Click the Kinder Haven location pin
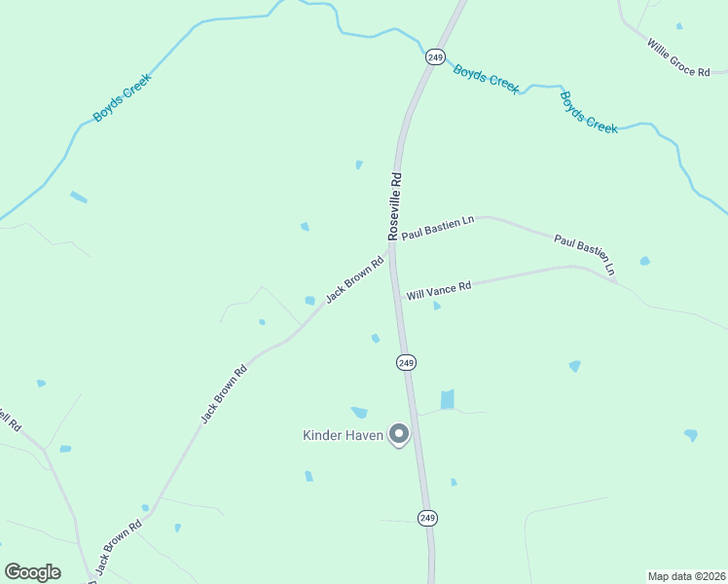[x=398, y=433]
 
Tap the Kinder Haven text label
[x=343, y=435]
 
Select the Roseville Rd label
[x=394, y=206]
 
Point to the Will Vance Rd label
[x=439, y=290]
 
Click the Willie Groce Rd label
[x=678, y=56]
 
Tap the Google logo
[x=32, y=572]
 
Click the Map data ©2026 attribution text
[x=685, y=576]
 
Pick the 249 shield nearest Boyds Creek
[x=435, y=57]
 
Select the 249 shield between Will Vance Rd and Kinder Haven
[x=406, y=362]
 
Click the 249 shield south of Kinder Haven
[x=427, y=518]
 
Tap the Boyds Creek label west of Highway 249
[x=122, y=99]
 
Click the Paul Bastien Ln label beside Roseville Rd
[x=437, y=228]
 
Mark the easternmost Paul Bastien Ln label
[x=585, y=253]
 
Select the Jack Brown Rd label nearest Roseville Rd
[x=354, y=279]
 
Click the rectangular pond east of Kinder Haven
[x=448, y=399]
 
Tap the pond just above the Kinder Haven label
[x=359, y=413]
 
